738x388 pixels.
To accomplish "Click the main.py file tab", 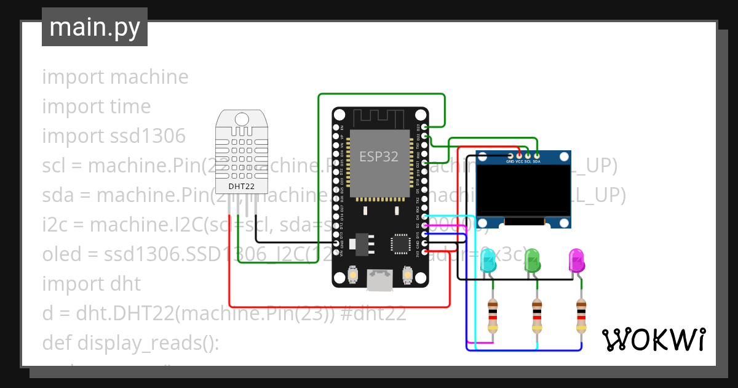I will pos(94,27).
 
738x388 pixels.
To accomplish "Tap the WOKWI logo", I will pos(653,339).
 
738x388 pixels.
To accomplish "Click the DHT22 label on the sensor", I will pos(241,185).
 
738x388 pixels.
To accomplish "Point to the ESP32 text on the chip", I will pos(379,156).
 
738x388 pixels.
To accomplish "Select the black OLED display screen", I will pos(523,190).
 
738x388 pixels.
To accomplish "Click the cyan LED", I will pos(488,261).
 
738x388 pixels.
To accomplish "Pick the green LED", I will pos(533,261).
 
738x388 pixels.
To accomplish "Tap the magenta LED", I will pos(577,261).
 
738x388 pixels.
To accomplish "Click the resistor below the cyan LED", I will pos(493,315).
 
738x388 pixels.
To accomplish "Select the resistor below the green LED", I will pos(537,315).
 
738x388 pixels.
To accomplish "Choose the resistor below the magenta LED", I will pos(581,315).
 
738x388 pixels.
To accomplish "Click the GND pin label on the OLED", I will pos(510,162).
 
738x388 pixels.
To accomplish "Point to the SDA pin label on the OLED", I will pos(537,162).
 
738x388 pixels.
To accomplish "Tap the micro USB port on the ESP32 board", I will pos(379,280).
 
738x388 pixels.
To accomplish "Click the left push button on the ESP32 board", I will pos(354,274).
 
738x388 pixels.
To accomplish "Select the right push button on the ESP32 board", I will pos(406,274).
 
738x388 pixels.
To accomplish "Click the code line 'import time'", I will pos(96,107).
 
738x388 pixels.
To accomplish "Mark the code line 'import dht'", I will pos(91,284).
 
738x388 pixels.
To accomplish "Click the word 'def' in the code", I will pos(57,343).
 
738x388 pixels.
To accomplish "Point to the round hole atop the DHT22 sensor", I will pos(242,118).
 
